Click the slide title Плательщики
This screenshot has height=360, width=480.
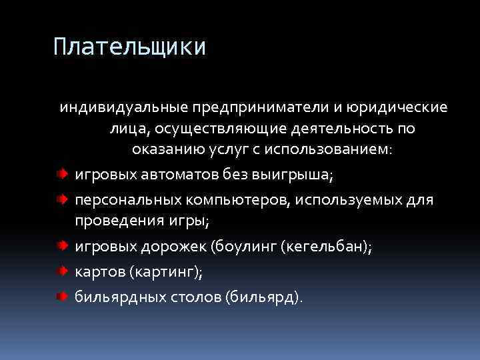(x=130, y=47)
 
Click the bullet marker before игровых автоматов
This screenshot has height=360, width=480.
(x=61, y=174)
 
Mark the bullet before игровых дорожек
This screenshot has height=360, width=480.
(x=61, y=245)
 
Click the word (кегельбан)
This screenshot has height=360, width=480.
(x=326, y=246)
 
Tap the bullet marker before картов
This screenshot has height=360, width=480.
(x=61, y=271)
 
